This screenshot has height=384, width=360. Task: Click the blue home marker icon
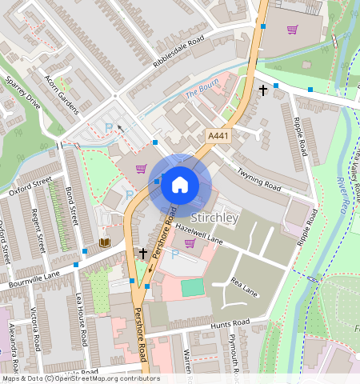click(180, 185)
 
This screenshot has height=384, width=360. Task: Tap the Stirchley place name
click(214, 217)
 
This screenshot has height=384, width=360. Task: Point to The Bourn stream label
click(202, 94)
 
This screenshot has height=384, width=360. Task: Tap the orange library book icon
click(104, 242)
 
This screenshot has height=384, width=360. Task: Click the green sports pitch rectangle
click(192, 287)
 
